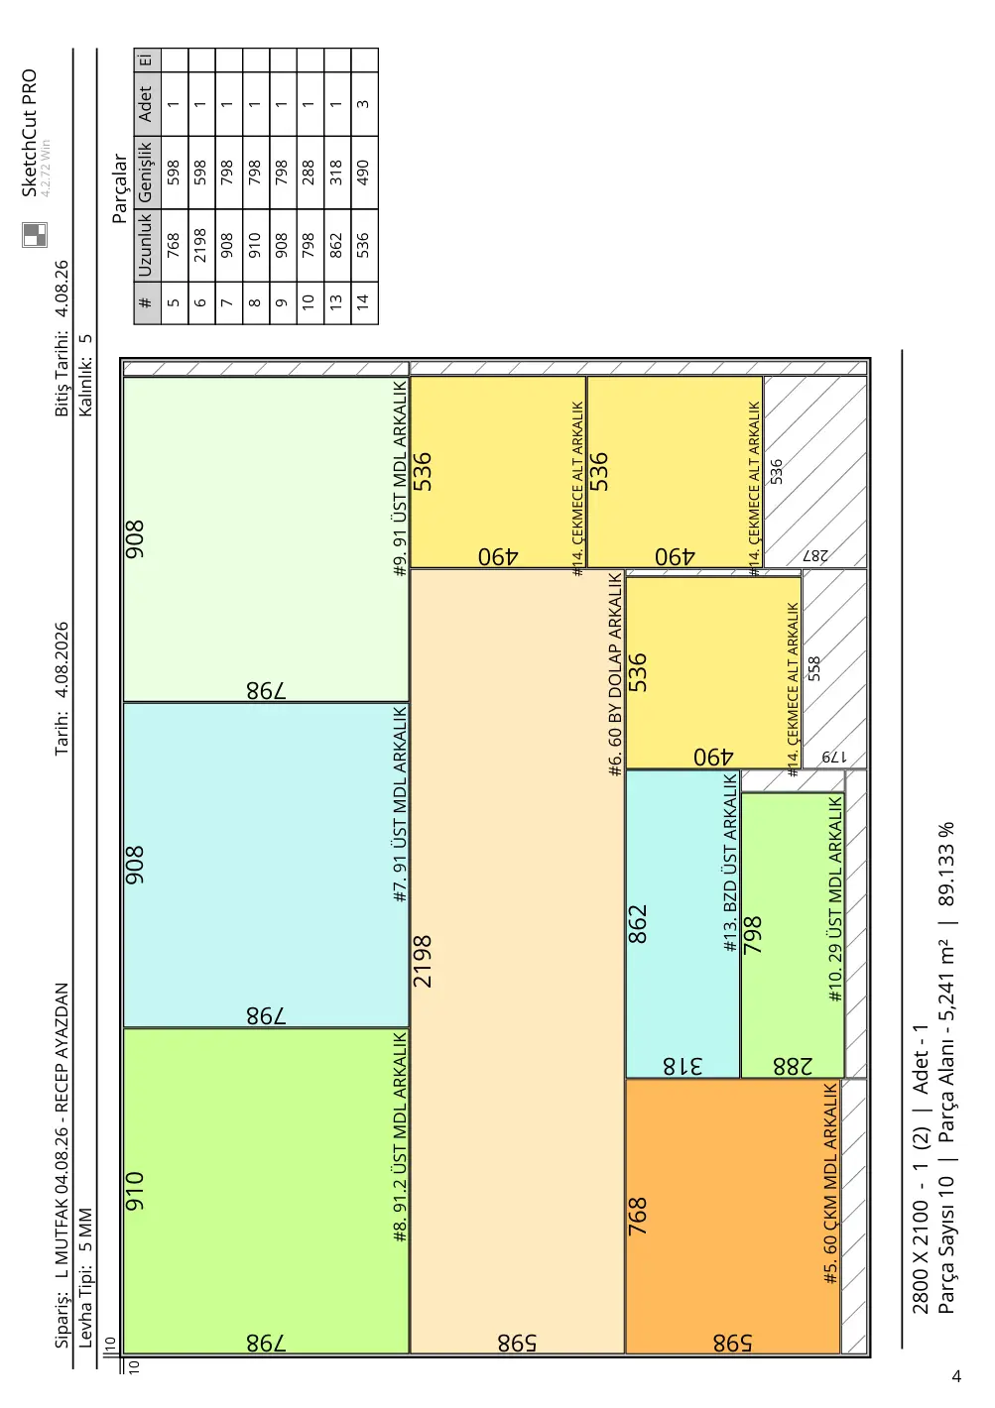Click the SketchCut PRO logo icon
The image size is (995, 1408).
[x=35, y=234]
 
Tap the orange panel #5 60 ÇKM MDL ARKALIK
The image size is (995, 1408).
[x=733, y=1217]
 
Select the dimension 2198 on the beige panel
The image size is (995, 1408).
[x=423, y=961]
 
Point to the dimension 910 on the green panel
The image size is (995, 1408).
[x=135, y=1191]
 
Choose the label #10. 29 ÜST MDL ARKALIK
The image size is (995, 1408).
[x=834, y=899]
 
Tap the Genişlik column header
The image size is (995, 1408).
[x=145, y=172]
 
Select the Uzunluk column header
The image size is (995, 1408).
[x=145, y=245]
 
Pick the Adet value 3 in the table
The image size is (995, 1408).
[x=363, y=104]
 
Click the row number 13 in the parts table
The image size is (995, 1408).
[x=336, y=301]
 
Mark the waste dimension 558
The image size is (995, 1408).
[x=813, y=668]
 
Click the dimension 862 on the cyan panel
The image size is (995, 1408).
[x=637, y=924]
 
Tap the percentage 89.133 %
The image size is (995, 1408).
[x=946, y=864]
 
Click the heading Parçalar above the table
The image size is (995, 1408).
[x=119, y=188]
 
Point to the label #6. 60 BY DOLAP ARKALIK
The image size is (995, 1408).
[x=615, y=674]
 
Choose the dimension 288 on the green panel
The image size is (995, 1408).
[x=793, y=1066]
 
